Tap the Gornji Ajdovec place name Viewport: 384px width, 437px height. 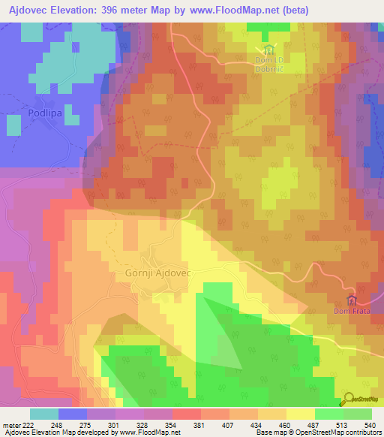click(154, 274)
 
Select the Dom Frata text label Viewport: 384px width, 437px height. click(352, 311)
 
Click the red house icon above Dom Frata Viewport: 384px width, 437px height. click(351, 300)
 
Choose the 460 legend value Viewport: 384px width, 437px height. click(284, 424)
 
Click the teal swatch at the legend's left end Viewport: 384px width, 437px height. click(43, 414)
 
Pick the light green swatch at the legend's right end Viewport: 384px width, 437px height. click(357, 414)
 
